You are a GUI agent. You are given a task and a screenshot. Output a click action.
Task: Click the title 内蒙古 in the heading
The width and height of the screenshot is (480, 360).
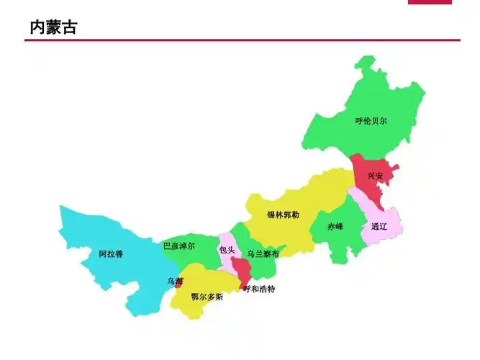(x=53, y=27)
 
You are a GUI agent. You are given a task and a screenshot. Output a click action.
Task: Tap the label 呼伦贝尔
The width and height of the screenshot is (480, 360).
(x=371, y=121)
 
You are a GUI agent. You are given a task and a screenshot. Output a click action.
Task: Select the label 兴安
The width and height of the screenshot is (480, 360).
(x=375, y=176)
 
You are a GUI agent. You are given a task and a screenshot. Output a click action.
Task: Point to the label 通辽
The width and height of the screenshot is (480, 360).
(x=379, y=226)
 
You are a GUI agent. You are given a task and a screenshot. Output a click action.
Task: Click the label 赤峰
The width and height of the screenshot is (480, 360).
(x=335, y=226)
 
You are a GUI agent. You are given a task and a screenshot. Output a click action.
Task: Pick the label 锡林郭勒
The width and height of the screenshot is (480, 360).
(x=283, y=215)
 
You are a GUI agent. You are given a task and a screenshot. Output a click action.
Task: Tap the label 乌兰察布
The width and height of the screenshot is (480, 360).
(x=263, y=254)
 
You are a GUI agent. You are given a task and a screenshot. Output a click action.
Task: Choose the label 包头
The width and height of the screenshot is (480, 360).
(x=226, y=250)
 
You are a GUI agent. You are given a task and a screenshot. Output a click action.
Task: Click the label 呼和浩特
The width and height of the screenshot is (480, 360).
(x=259, y=289)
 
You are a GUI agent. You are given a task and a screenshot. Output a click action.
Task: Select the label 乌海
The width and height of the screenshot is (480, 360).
(x=175, y=281)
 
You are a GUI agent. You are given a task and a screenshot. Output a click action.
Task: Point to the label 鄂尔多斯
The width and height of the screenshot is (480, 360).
(x=207, y=297)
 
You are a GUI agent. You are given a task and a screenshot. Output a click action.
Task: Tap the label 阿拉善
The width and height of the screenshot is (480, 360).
(x=111, y=254)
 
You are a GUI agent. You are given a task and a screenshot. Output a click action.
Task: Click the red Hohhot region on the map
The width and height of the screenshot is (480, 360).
(x=243, y=271)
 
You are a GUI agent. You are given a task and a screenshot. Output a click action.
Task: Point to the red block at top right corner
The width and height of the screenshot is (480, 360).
(x=430, y=1)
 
